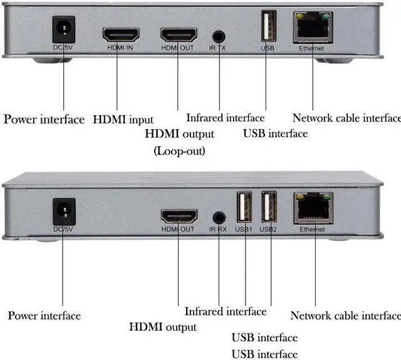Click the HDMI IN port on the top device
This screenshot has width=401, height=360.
(x=120, y=34)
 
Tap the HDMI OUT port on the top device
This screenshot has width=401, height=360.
(x=178, y=34)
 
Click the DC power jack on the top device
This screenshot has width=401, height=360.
(x=63, y=29)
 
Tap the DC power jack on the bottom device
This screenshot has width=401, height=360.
(x=64, y=211)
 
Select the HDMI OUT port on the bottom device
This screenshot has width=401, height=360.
(x=179, y=217)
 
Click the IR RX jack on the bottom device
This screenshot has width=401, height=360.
(x=219, y=218)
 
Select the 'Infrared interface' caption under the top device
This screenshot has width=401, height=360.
(x=226, y=118)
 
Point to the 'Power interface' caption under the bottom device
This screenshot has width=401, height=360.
(x=44, y=315)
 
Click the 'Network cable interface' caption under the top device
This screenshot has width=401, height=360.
(x=346, y=118)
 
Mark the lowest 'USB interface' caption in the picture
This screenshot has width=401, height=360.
(x=264, y=354)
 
